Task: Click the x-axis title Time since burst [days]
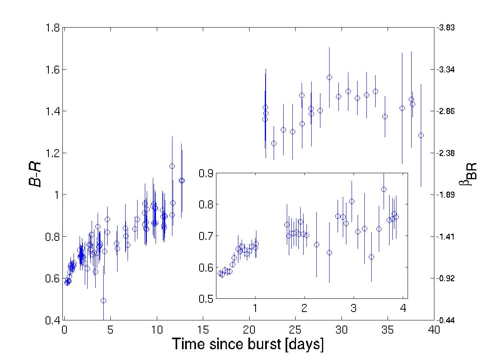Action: click(x=248, y=344)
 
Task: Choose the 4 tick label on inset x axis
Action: click(x=403, y=309)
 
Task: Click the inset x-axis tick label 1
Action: click(x=255, y=309)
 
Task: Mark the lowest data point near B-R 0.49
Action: click(x=103, y=300)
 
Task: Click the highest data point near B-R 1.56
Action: click(x=329, y=77)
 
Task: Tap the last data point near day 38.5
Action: click(x=421, y=135)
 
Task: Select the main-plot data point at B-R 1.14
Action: click(x=172, y=166)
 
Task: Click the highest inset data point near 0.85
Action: click(x=384, y=189)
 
